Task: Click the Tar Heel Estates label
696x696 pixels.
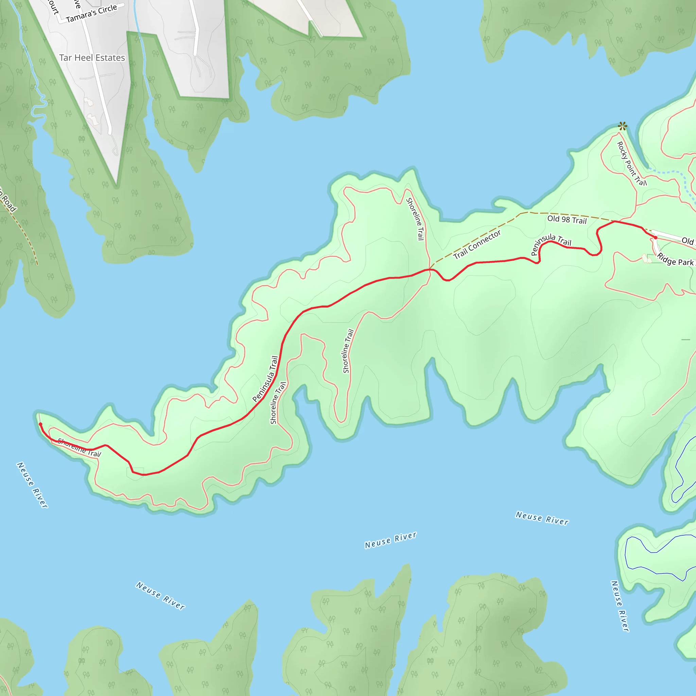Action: [x=92, y=58]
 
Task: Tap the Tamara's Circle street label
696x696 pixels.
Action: [x=91, y=13]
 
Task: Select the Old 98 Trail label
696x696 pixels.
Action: [x=567, y=220]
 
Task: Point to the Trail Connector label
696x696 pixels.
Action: [x=477, y=245]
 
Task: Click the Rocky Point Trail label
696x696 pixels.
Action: [x=631, y=164]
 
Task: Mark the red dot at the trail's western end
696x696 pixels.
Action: [x=40, y=424]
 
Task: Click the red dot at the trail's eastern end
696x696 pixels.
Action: [x=655, y=238]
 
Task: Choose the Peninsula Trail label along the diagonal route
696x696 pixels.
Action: [x=265, y=379]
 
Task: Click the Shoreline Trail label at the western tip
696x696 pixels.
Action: [x=79, y=448]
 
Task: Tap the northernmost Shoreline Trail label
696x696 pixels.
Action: [x=415, y=219]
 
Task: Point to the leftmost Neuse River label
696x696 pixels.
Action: [x=32, y=485]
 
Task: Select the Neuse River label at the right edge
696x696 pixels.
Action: [x=620, y=606]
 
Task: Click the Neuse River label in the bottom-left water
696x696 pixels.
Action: [x=160, y=595]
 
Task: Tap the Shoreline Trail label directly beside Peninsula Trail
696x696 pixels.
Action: [x=278, y=403]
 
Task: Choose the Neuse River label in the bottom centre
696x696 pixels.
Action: [x=390, y=540]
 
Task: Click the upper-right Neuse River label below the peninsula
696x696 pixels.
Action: [x=542, y=518]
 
